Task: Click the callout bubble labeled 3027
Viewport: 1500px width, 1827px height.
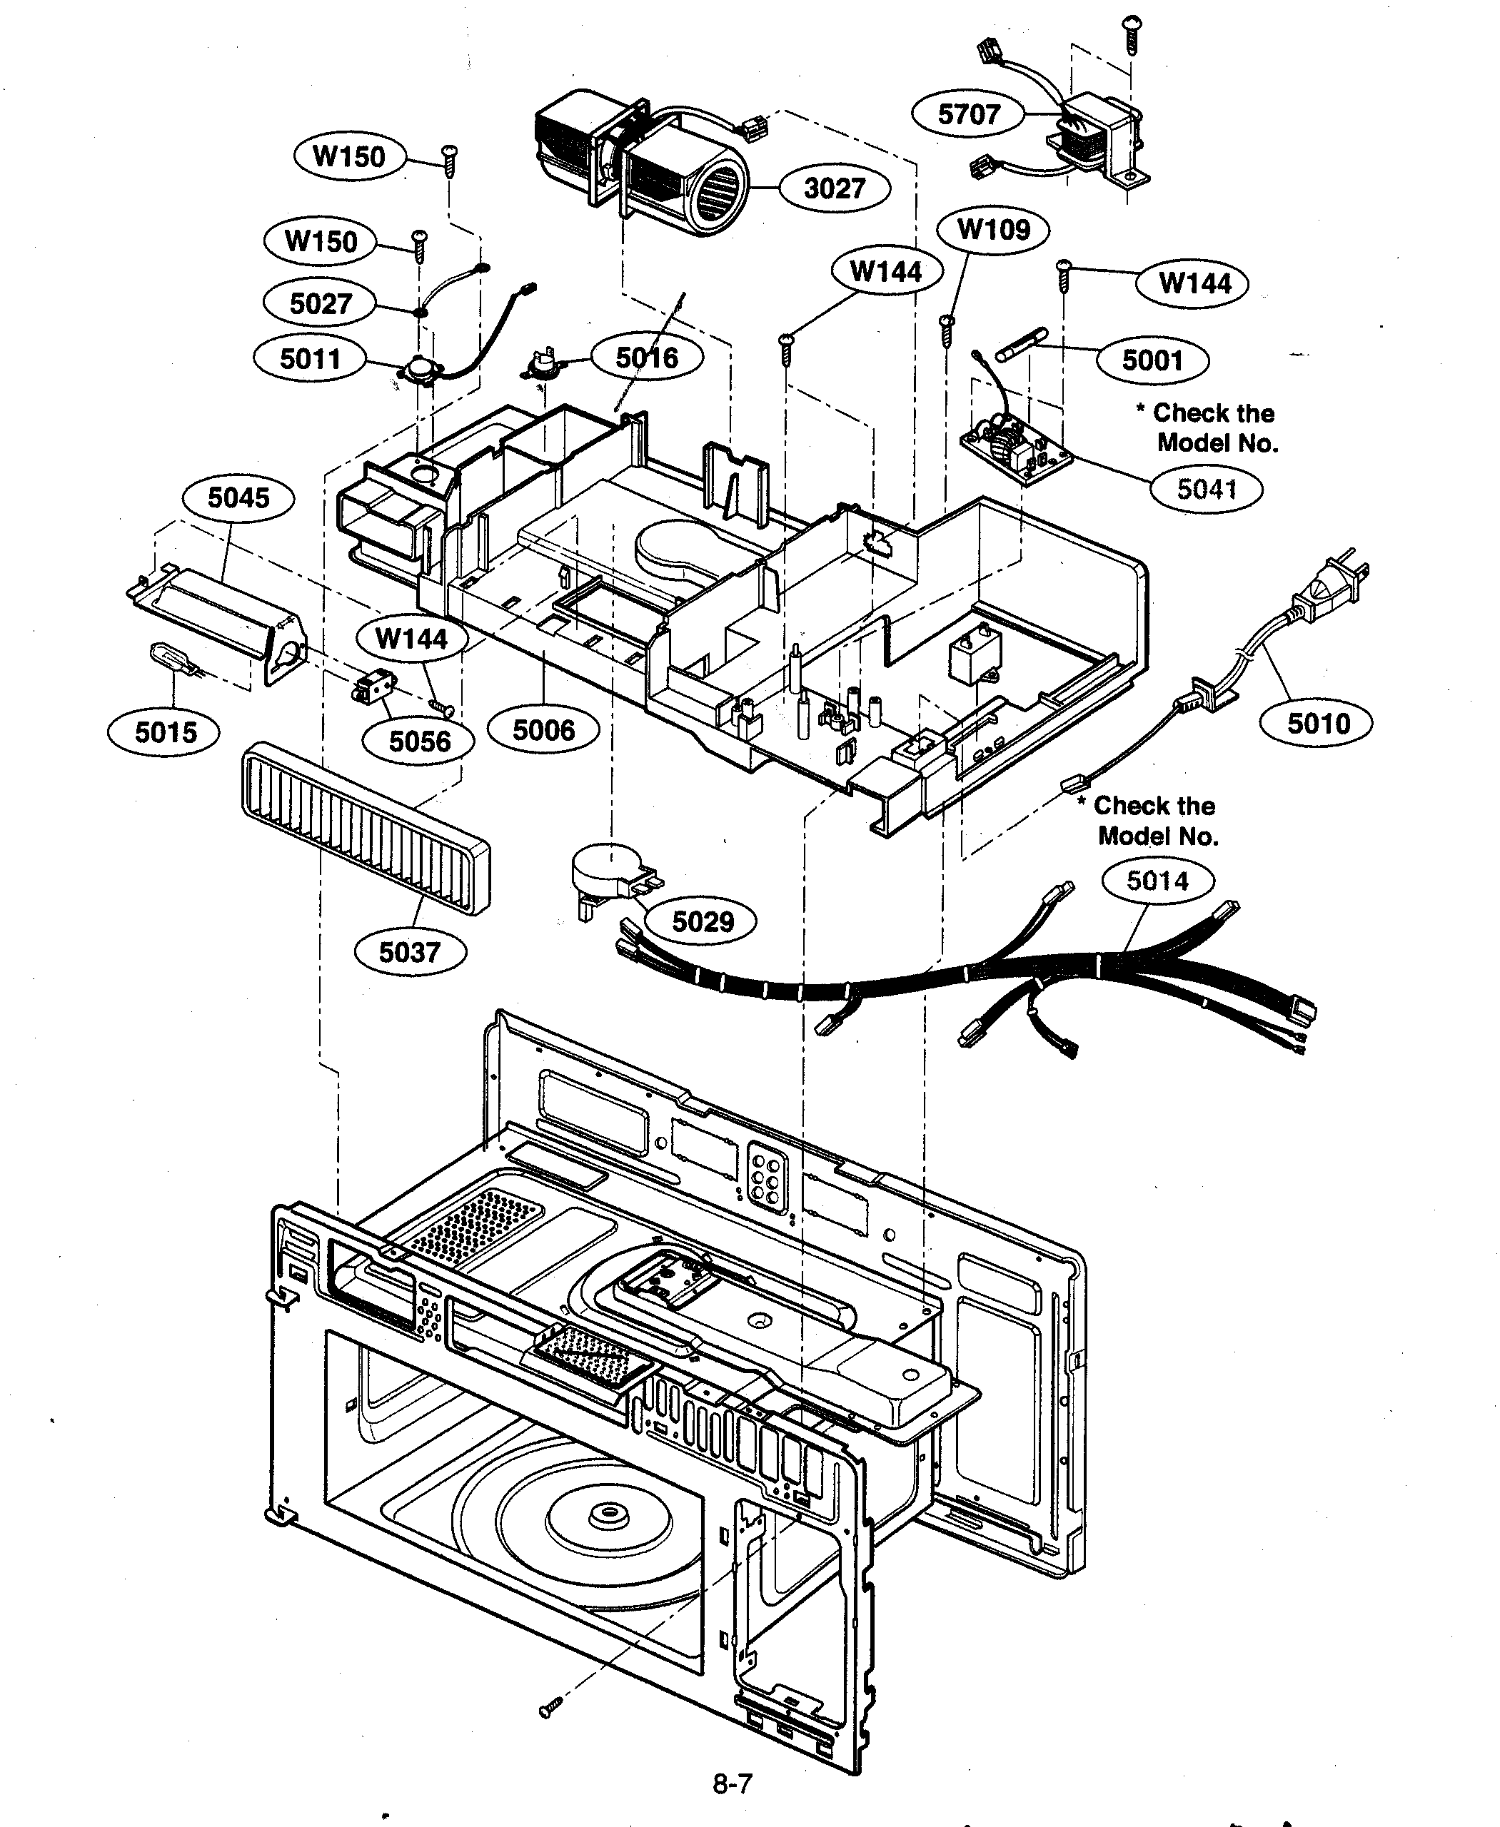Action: point(834,188)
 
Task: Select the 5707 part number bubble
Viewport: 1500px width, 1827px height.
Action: point(969,114)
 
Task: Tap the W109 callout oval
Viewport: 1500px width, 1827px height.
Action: point(994,230)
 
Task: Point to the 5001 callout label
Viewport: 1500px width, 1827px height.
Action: point(1152,360)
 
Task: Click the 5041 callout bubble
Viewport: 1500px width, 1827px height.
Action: point(1207,490)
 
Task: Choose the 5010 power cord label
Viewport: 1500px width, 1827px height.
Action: point(1318,723)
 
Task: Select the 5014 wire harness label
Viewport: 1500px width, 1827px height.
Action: point(1158,881)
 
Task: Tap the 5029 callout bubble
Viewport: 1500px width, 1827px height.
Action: point(703,921)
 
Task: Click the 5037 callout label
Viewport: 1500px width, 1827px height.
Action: point(411,953)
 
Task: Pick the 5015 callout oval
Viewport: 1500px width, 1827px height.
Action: point(164,732)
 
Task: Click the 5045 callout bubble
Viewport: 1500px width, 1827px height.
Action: point(238,497)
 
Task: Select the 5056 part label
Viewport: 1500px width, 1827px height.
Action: point(419,742)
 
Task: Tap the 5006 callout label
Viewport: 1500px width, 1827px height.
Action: point(543,731)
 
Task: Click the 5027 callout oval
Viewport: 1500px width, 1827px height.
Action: point(321,303)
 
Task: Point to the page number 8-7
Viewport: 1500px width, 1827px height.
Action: point(732,1782)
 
